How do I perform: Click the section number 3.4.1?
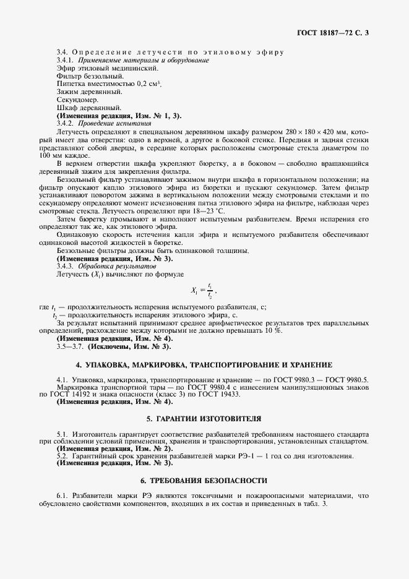65,61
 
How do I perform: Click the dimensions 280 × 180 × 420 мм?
312,133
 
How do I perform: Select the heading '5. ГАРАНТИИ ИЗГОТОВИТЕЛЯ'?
204,419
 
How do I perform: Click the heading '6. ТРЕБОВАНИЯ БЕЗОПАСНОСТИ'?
204,480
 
